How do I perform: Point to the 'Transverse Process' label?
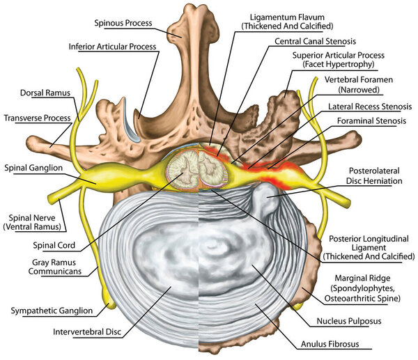(38, 116)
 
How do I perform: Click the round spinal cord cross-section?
(186, 171)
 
